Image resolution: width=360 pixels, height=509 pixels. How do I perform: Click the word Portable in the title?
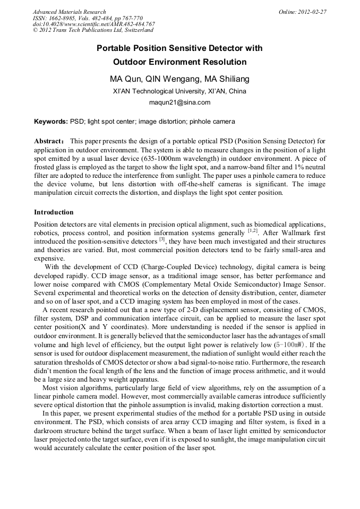tap(113, 48)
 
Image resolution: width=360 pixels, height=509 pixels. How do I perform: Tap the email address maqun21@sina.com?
tap(179, 102)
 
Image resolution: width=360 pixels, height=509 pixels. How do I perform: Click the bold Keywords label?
tap(51, 122)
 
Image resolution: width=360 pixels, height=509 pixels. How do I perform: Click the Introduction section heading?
tap(54, 212)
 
